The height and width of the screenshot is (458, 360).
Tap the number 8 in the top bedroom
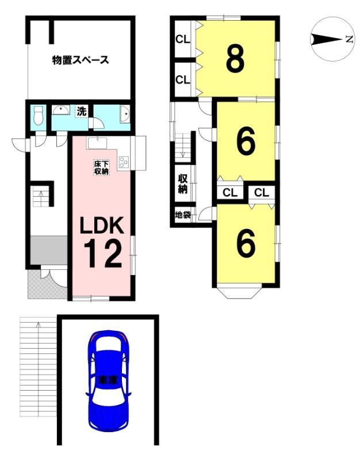click(x=235, y=59)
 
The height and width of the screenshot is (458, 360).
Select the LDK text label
click(x=102, y=225)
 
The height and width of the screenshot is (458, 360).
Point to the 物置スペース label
click(x=81, y=60)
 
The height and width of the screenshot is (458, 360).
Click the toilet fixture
click(x=39, y=116)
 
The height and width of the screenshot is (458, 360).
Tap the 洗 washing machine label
click(x=82, y=111)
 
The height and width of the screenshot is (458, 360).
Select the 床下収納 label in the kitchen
click(x=101, y=167)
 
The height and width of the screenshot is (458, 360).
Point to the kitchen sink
click(x=97, y=143)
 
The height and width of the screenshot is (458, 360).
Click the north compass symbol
click(x=332, y=39)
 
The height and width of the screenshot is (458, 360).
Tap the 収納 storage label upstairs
click(x=183, y=184)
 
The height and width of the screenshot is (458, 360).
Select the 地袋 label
click(x=183, y=215)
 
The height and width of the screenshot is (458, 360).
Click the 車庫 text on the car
click(x=108, y=380)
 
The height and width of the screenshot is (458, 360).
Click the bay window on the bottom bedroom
click(x=239, y=291)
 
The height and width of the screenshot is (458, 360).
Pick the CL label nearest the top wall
click(x=183, y=40)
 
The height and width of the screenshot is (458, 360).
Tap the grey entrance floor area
click(x=48, y=250)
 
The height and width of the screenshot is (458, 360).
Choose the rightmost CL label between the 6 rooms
click(x=261, y=193)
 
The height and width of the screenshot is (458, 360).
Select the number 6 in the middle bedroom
click(x=246, y=142)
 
